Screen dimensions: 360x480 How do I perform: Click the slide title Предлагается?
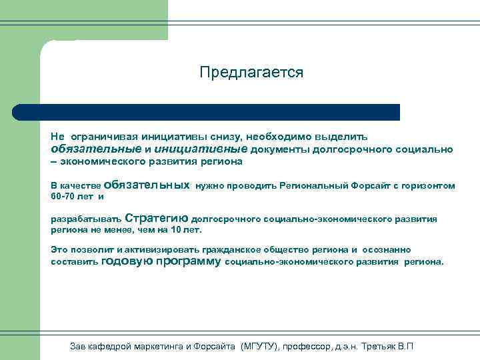coord(251,72)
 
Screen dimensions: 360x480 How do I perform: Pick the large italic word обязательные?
coord(96,149)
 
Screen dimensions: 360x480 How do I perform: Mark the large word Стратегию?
coord(157,218)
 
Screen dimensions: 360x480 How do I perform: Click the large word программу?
coord(188,262)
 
